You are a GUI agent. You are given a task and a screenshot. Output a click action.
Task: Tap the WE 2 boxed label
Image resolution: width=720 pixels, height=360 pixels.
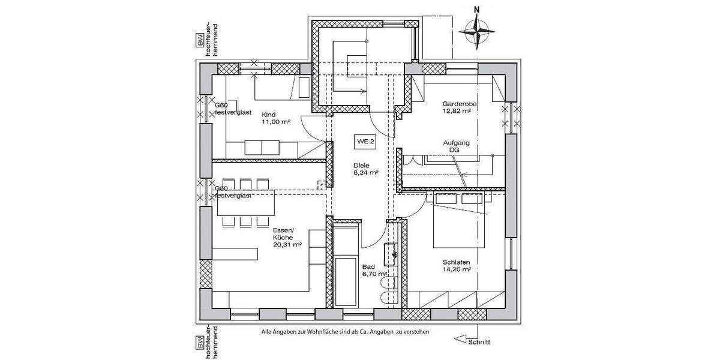[x=365, y=142]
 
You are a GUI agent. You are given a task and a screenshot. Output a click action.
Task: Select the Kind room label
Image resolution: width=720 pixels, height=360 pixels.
[x=269, y=114]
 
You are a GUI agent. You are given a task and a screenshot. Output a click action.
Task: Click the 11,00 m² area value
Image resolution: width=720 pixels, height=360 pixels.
[x=275, y=122]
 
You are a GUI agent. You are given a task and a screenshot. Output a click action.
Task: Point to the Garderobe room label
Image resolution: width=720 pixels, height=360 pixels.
[x=457, y=103]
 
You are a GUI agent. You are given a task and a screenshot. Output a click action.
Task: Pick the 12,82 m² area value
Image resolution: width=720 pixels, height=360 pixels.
[x=457, y=110]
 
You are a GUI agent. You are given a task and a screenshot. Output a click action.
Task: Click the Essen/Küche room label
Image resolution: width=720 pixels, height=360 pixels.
[x=283, y=234]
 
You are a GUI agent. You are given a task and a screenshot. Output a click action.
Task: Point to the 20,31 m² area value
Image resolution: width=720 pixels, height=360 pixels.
[x=286, y=245]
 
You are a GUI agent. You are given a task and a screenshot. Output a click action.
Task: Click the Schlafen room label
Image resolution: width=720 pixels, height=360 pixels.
[x=456, y=262]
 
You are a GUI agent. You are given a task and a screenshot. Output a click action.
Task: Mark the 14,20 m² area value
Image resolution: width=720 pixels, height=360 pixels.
[x=457, y=270]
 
